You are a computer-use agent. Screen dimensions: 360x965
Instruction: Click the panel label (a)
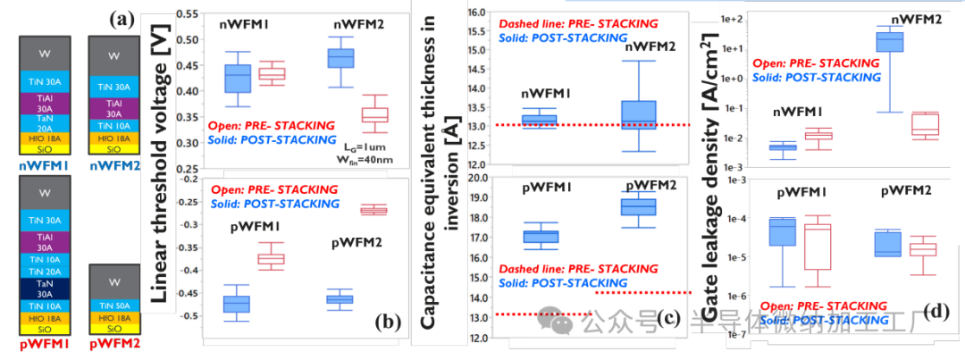[x=123, y=18]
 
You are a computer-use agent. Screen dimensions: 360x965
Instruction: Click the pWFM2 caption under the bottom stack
[x=112, y=345]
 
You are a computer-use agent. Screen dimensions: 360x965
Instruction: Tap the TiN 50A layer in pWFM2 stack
[x=113, y=306]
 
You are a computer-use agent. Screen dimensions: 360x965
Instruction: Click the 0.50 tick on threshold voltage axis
[x=189, y=39]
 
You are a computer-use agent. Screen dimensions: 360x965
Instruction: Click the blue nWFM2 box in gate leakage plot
[x=889, y=41]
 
